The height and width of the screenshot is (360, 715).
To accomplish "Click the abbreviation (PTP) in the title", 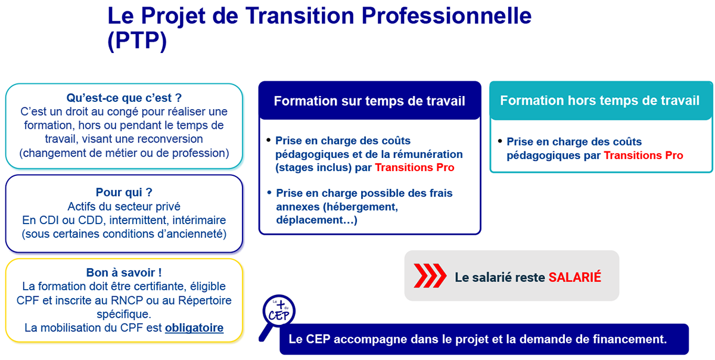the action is click(x=137, y=41).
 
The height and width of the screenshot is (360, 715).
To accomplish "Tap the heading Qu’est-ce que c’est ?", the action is click(x=124, y=98).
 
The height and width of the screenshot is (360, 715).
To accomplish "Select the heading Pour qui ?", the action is click(x=124, y=193).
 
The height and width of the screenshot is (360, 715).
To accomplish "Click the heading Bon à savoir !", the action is click(x=124, y=272).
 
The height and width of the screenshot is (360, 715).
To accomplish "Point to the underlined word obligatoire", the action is click(x=194, y=328).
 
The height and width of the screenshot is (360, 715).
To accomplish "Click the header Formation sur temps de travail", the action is click(x=369, y=101).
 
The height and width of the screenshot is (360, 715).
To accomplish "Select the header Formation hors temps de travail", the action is click(x=600, y=100).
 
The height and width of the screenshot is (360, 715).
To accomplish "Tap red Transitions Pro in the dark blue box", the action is click(x=414, y=167).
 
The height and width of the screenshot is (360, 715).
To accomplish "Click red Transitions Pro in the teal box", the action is click(x=643, y=155).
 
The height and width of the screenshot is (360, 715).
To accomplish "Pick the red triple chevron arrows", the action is click(x=430, y=276).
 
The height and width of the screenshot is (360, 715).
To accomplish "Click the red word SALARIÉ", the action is click(x=574, y=277).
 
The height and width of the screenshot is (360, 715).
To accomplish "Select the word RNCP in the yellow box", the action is click(x=127, y=300).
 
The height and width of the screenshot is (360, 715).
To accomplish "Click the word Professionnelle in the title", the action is click(x=446, y=16).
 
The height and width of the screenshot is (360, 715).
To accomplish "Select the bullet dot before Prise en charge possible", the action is click(x=269, y=193).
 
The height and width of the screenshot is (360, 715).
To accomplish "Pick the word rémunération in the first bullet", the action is click(x=427, y=154).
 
